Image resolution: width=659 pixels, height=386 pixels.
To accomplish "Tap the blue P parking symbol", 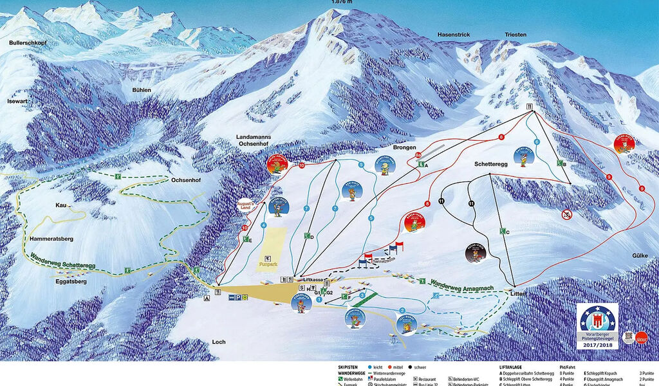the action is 244,297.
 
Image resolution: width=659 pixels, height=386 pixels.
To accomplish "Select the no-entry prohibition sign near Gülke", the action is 566,215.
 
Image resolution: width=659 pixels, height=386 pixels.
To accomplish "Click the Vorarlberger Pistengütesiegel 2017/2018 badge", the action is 598,326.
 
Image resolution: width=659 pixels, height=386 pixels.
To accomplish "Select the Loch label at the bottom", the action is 219,342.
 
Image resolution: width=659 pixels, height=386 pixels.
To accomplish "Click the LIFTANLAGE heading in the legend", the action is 514,367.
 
